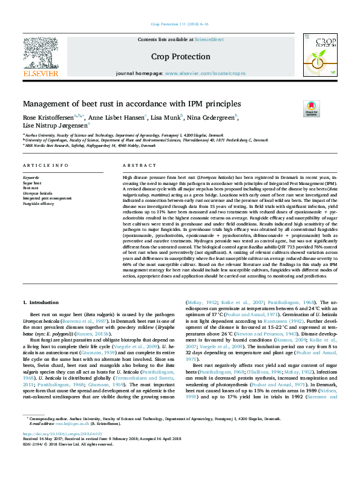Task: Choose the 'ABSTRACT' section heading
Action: point(135,166)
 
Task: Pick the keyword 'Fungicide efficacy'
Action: point(39,203)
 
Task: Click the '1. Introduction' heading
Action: point(41,302)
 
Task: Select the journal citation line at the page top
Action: point(179,25)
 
